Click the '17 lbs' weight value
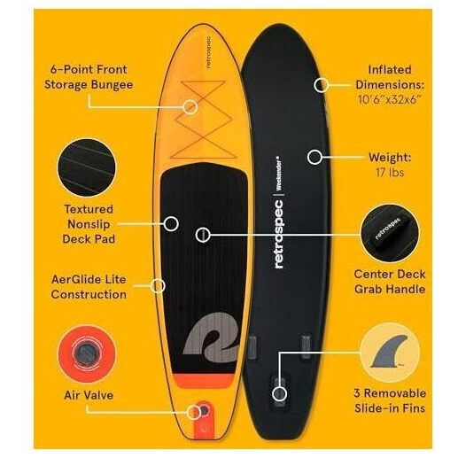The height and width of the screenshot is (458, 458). point(390,172)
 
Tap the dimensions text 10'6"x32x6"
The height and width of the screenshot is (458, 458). point(389,99)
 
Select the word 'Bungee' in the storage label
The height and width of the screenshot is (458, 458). point(112,85)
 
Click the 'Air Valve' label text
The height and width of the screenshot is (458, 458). point(89,395)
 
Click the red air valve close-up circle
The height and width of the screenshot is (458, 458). point(87,353)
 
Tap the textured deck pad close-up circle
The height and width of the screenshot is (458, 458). point(87,167)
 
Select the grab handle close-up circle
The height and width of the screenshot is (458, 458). point(390,233)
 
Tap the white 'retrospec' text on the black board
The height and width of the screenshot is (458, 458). point(279,234)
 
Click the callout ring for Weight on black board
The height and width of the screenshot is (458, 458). point(314,157)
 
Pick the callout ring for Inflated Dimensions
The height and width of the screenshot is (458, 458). point(321,85)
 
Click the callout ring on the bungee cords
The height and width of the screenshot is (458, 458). point(190,106)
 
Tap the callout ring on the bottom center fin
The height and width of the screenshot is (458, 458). point(279,393)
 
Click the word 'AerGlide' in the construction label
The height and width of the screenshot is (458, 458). point(70,279)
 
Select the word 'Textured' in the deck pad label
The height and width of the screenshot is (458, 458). point(89,209)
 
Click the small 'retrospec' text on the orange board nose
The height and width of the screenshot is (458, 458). point(209,52)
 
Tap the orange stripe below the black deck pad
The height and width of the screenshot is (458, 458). point(204,380)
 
